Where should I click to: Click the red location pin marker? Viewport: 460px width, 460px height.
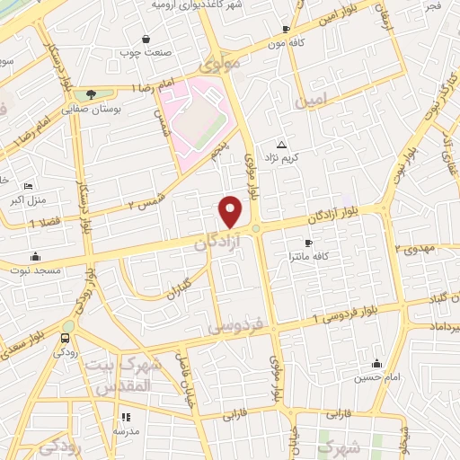tap(231, 212)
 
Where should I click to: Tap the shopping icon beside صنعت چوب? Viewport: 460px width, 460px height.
tap(146, 39)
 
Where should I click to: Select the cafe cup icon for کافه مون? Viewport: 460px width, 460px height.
tap(286, 29)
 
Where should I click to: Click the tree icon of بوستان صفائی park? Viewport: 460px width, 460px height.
tap(91, 93)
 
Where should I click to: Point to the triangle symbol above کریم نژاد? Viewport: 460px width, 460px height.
tap(282, 144)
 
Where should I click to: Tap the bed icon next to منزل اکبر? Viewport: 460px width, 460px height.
tap(28, 185)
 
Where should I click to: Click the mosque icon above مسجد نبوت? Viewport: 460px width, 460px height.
tap(35, 256)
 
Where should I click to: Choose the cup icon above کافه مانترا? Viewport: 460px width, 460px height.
tap(308, 243)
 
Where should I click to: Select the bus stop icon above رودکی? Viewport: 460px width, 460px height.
tap(64, 338)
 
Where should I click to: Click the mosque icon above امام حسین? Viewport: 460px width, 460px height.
tap(376, 364)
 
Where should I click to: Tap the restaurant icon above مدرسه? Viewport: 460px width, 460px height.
tap(126, 417)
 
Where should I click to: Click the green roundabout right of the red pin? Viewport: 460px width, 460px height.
tap(256, 228)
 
